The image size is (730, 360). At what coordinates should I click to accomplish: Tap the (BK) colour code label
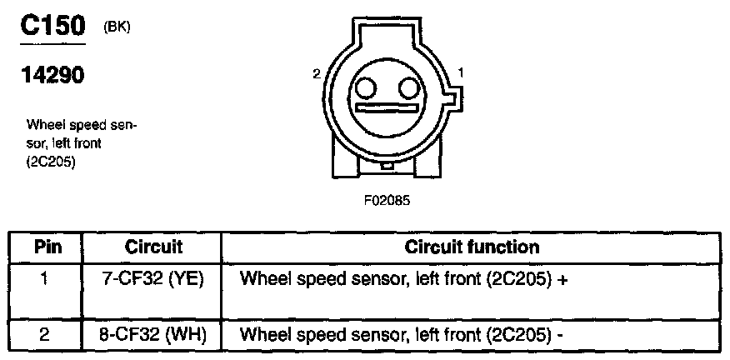pos(117,27)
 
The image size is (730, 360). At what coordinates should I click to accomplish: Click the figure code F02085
pos(385,201)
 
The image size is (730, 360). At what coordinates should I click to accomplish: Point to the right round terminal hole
pos(407,87)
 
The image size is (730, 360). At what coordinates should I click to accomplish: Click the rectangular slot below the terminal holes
pos(386,108)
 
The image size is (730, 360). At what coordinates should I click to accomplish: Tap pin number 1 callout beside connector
pos(461,74)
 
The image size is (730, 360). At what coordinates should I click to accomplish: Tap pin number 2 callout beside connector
pos(317,74)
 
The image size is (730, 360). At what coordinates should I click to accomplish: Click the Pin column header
pos(47,247)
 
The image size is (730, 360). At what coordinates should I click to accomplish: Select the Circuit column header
pos(153,247)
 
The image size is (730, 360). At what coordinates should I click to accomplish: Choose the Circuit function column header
pos(472,247)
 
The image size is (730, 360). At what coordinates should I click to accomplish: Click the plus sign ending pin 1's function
pos(563,280)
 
